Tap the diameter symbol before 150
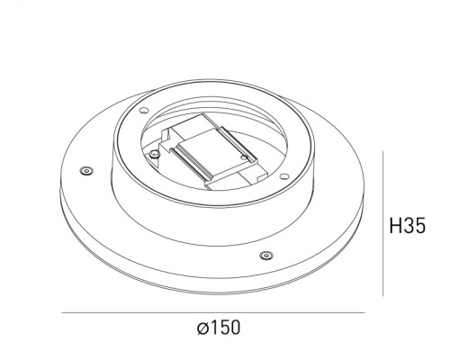[x=202, y=329]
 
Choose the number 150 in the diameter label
[x=226, y=329]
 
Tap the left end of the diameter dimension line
[x=61, y=312]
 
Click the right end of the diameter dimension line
[x=364, y=312]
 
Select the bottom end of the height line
[x=384, y=295]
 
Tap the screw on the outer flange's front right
[x=265, y=255]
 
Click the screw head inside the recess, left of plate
[x=157, y=154]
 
